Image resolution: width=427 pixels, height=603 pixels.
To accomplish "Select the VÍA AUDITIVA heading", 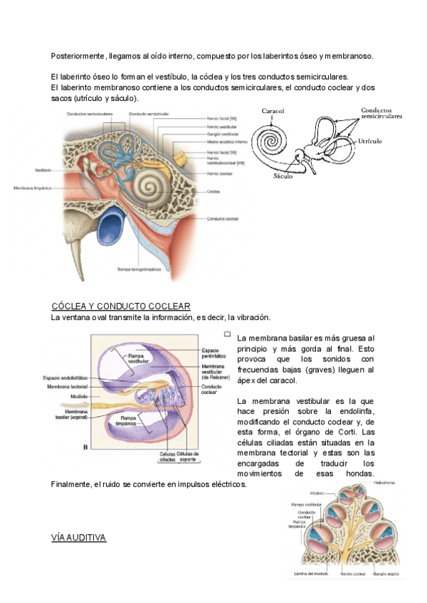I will [78, 538].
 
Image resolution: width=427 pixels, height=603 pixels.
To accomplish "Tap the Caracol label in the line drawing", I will [273, 112].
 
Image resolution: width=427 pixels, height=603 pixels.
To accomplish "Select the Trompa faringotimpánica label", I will [137, 270].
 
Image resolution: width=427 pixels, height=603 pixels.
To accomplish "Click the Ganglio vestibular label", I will [221, 134].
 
